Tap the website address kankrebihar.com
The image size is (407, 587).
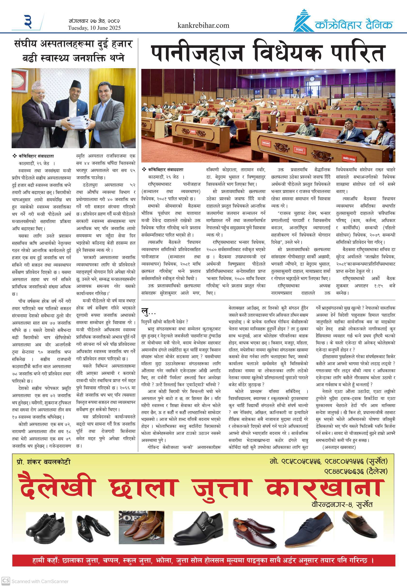[x=203, y=25]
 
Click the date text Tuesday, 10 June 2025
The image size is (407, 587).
[x=94, y=28]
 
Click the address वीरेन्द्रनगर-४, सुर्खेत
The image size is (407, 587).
[x=342, y=505]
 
